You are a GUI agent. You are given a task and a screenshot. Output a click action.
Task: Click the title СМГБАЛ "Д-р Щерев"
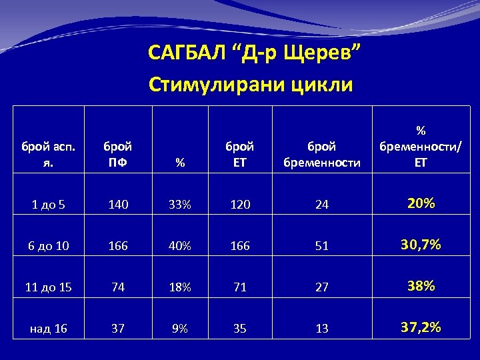[x=255, y=52]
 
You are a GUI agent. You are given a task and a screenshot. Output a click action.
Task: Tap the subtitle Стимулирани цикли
[x=251, y=85]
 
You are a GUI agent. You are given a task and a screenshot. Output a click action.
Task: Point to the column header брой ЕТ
[x=239, y=153]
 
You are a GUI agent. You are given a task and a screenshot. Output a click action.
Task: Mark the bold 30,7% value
[x=420, y=245]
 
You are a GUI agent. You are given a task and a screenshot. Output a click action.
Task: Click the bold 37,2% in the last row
[x=420, y=327]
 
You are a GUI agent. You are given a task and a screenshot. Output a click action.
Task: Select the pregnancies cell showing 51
[x=322, y=246]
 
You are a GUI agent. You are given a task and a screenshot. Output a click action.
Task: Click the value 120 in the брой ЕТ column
[x=239, y=205]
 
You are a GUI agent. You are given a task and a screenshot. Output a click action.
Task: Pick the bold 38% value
[x=420, y=286]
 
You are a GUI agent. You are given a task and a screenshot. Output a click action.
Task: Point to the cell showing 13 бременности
[x=322, y=329]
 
